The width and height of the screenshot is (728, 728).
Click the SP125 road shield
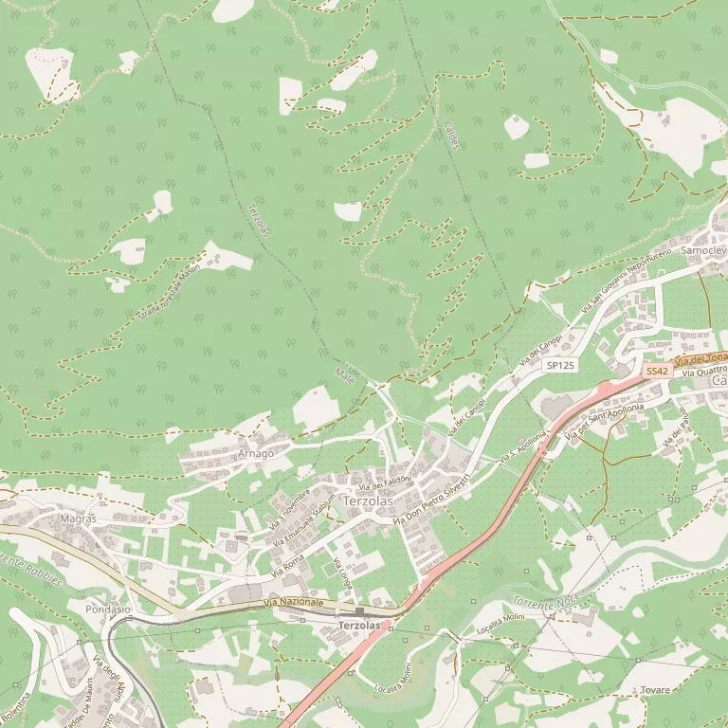pos(560,365)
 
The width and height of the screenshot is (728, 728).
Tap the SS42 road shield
pos(657,372)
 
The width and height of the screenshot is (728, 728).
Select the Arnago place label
pos(255,453)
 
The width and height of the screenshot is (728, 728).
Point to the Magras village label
pos(78,519)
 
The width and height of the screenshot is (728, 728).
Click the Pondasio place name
pos(107,609)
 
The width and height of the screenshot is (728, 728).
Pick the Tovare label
pos(654,690)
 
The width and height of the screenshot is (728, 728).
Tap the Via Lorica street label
pos(341,573)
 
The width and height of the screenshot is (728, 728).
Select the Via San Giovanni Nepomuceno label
pos(626,281)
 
